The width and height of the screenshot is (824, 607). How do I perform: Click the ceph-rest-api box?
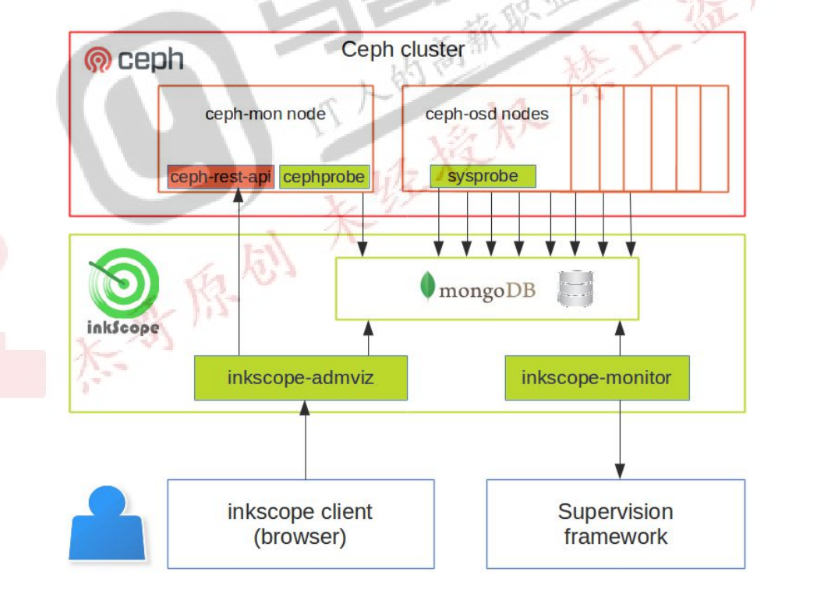221,178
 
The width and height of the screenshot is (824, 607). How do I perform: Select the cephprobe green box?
324,178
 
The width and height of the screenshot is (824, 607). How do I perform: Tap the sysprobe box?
483,176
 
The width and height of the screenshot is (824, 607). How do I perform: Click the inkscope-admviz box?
300,378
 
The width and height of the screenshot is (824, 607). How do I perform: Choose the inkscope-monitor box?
596,378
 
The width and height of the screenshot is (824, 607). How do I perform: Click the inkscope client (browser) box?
300,524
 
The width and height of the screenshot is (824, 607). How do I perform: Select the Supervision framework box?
615,524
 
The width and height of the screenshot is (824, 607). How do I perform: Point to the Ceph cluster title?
403,50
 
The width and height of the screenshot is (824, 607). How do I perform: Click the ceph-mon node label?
265,114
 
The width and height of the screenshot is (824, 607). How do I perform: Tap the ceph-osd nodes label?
486,114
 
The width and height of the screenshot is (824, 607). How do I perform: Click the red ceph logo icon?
99,60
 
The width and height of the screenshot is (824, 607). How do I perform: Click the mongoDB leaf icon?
427,287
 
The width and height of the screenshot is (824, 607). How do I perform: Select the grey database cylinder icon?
576,288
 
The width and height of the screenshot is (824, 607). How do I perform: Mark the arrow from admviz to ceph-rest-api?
239,273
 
